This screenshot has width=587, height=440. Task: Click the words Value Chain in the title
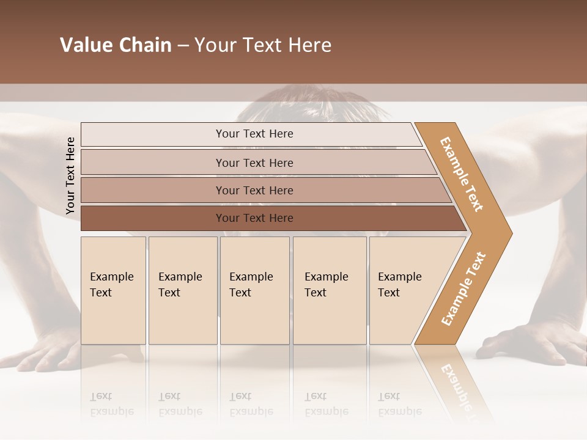[116, 45]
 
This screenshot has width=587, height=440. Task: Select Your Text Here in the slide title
[263, 45]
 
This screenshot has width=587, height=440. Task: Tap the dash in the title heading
[183, 46]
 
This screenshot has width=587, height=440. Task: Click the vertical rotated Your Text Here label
[70, 175]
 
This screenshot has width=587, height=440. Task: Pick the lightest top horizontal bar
[254, 134]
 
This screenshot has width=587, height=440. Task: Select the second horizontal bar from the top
[254, 163]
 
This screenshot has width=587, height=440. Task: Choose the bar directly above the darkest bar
[254, 190]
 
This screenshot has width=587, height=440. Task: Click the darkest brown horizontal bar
[254, 218]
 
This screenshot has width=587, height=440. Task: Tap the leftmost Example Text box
[113, 290]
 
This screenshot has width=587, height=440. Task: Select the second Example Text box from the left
[182, 290]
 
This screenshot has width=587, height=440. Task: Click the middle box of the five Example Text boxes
[254, 290]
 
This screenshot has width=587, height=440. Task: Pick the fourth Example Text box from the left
[329, 290]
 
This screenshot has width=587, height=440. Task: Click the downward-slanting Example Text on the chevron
[462, 174]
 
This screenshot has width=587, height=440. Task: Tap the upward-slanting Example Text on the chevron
[463, 288]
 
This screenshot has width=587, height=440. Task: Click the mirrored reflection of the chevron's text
[456, 385]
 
